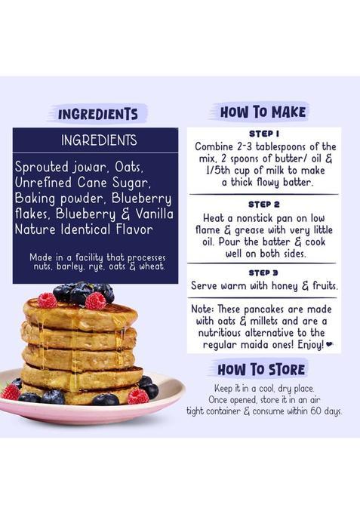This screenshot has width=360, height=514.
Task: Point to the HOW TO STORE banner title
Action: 261,369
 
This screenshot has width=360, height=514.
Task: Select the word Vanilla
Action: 151,214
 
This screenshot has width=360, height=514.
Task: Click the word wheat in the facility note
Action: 151,266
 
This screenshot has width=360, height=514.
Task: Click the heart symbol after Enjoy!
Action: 330,345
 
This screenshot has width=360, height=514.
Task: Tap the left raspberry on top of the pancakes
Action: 48,300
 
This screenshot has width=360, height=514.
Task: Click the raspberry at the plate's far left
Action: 11,392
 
